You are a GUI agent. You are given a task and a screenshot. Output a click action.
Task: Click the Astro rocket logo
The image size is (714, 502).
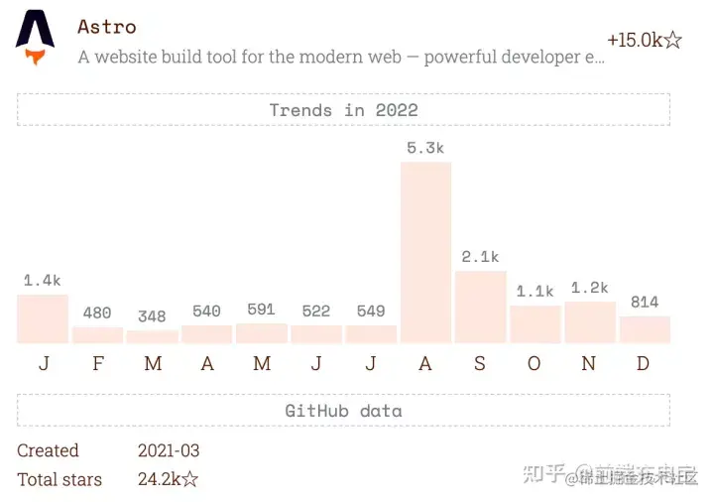(x=35, y=38)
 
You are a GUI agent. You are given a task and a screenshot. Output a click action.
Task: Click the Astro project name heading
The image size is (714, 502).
(x=107, y=27)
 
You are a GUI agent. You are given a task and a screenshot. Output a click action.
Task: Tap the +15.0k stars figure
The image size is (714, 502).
(x=644, y=41)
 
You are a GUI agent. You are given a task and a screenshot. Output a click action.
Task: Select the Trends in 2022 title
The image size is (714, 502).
(x=343, y=110)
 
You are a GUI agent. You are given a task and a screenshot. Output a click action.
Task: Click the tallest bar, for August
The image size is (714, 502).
(x=425, y=252)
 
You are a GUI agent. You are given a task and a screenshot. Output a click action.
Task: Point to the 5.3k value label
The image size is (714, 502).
(x=425, y=148)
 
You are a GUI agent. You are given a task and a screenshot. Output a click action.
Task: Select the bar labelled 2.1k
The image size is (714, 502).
(x=480, y=307)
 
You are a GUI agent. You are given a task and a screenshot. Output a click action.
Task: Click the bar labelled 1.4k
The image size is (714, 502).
(x=43, y=318)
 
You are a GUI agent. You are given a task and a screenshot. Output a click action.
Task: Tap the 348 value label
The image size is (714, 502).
(x=152, y=316)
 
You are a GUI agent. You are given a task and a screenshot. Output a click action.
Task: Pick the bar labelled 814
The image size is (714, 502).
(x=645, y=329)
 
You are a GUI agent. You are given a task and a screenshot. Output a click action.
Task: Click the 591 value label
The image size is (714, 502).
(x=261, y=310)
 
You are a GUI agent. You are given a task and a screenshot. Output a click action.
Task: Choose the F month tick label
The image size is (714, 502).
(x=97, y=364)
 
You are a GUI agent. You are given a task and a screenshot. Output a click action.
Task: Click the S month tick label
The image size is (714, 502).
(x=480, y=364)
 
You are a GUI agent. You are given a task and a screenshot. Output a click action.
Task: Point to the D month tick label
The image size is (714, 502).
(x=644, y=364)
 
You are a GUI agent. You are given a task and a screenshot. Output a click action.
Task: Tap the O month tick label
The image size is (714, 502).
(x=535, y=364)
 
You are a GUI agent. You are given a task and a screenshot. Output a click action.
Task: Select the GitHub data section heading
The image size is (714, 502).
(x=343, y=411)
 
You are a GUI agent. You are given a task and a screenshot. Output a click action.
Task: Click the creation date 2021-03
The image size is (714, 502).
(x=169, y=450)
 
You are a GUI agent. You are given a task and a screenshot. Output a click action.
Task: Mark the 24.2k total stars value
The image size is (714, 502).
(x=168, y=479)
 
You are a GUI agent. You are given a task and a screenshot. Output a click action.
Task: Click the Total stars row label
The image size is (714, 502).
(x=59, y=479)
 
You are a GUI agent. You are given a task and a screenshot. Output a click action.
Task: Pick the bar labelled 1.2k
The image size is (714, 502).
(x=589, y=322)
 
